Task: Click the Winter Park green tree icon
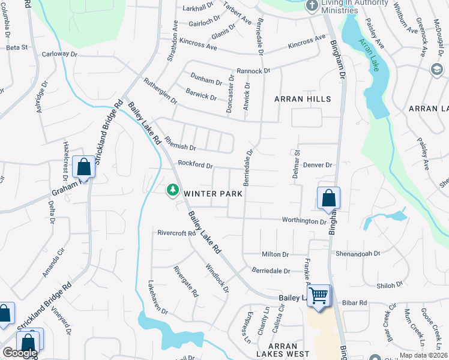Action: pos(173,190)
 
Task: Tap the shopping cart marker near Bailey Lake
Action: pos(319,295)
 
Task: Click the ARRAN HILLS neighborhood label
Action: pos(303,98)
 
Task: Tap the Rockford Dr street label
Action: pos(195,165)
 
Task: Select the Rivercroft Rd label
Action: pos(176,233)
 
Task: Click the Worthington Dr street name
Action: pos(304,221)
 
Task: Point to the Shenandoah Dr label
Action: pos(358,253)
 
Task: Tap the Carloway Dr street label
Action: pos(60,54)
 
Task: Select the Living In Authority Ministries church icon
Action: pos(311,6)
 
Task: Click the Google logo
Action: pos(20,353)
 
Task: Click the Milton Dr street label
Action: pos(275,254)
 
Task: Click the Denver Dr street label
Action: pos(318,165)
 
